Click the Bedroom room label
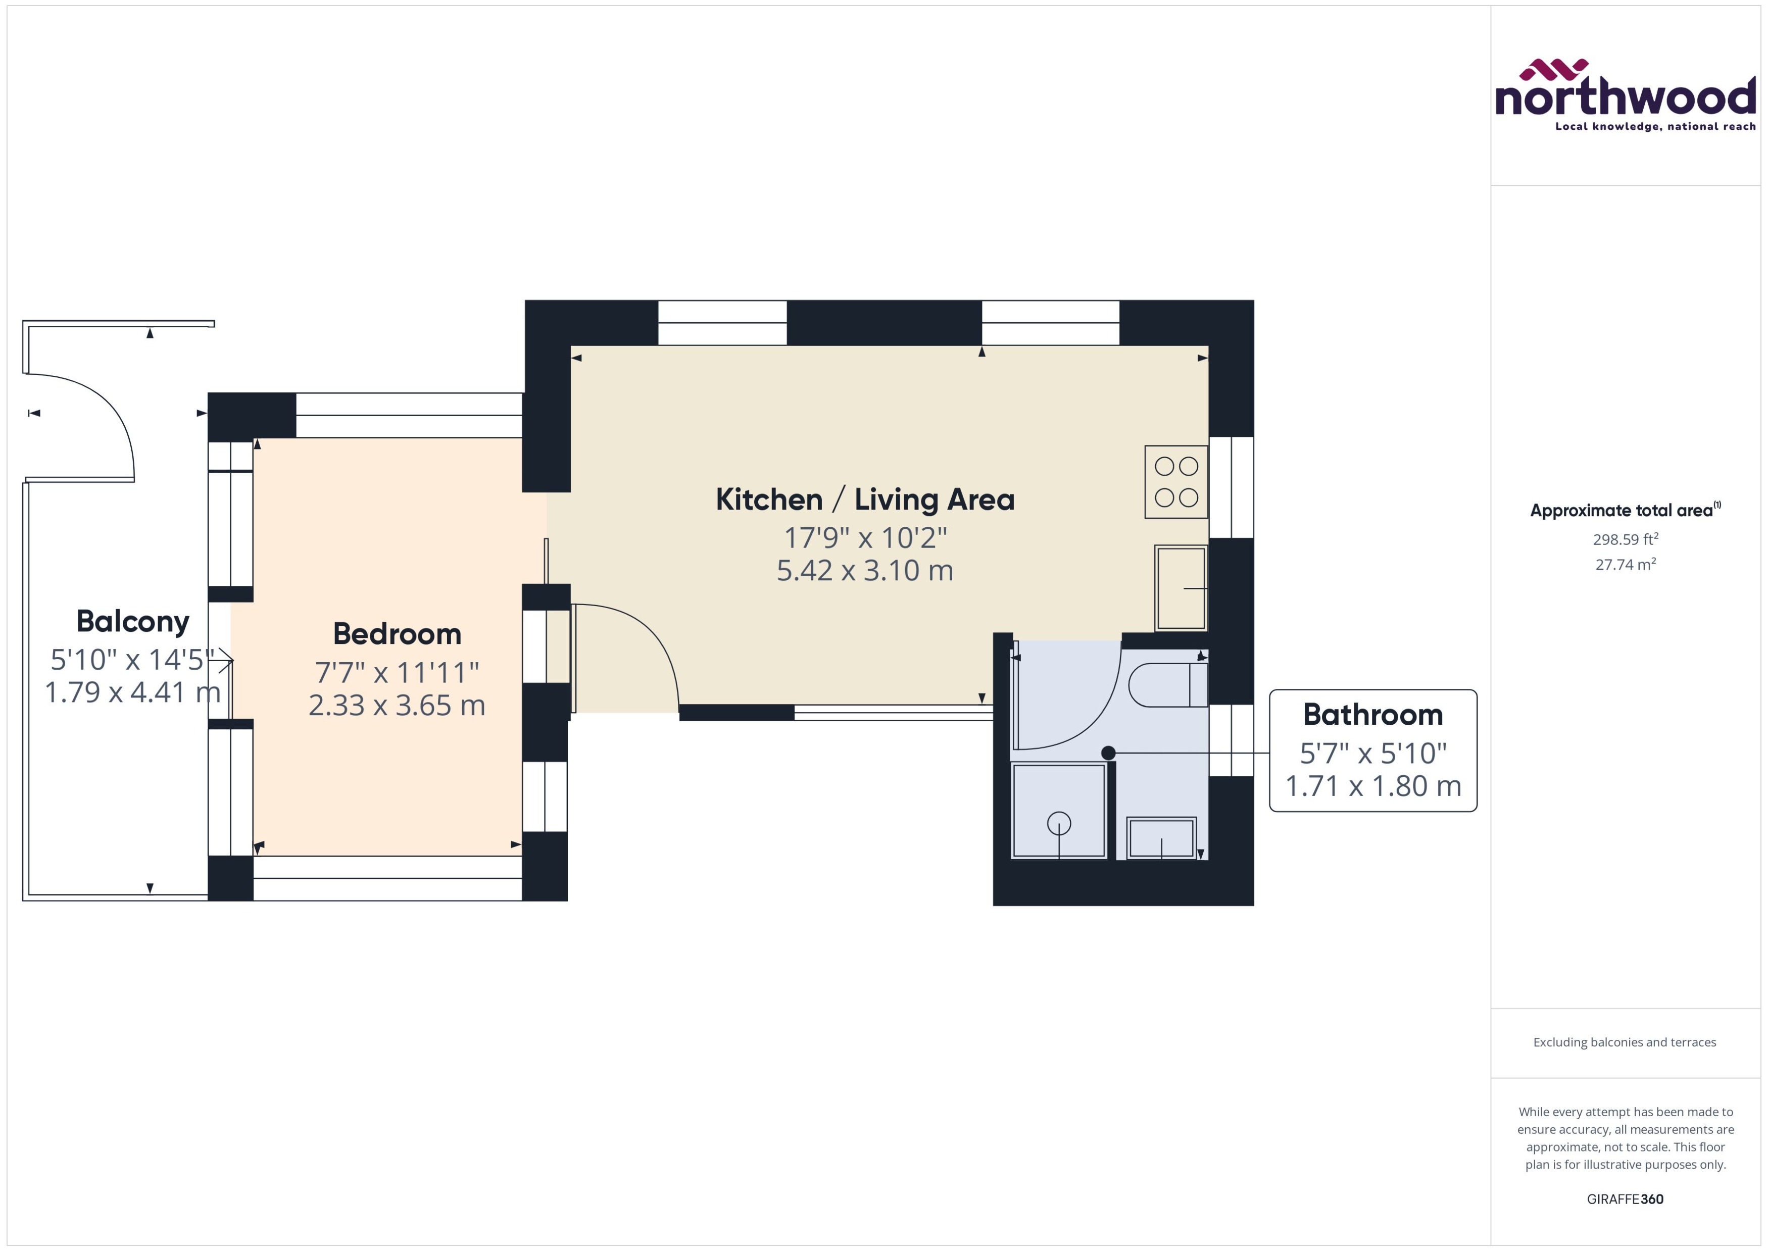397,634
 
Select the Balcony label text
132,621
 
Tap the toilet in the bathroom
1167,685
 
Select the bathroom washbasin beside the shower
1160,838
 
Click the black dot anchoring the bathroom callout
1108,753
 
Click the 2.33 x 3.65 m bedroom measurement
397,706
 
